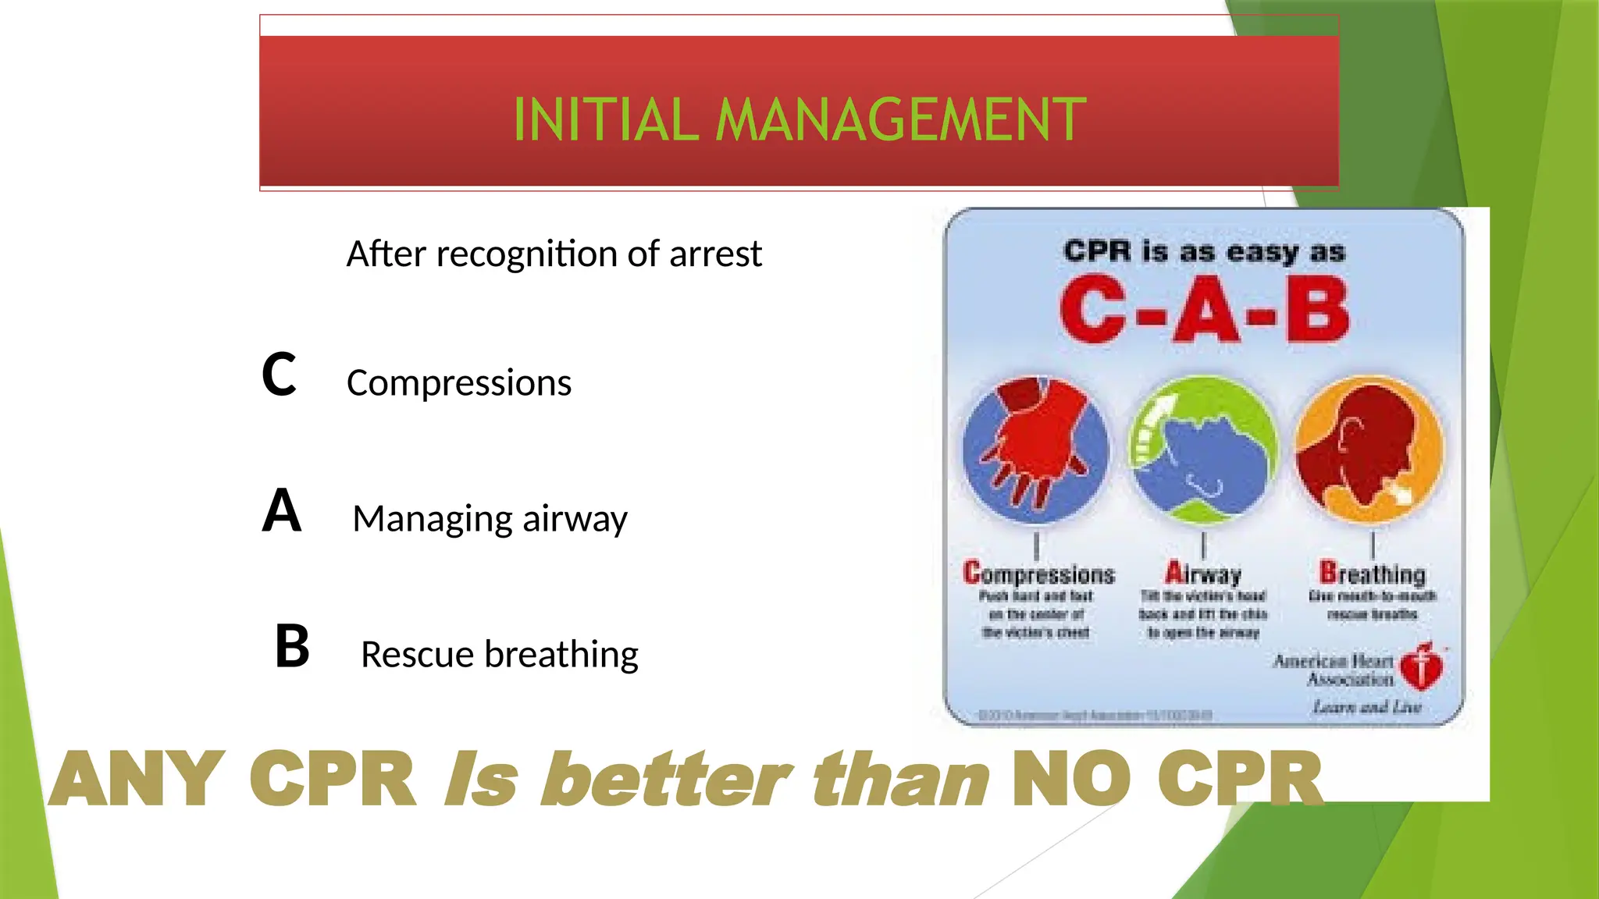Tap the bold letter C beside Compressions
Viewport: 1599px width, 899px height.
tap(279, 375)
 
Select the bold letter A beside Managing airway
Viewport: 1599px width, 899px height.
tap(281, 510)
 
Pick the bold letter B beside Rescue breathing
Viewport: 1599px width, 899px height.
tap(292, 646)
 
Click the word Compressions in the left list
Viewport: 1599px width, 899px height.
tap(459, 383)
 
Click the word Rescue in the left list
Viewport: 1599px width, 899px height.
tap(417, 654)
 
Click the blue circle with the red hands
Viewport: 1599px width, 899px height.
tap(1035, 449)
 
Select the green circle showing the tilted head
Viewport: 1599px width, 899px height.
tap(1204, 449)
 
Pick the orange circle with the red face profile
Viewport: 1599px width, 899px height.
tap(1371, 449)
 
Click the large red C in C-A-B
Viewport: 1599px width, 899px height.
tap(1093, 310)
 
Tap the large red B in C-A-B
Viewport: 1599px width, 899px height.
tap(1317, 310)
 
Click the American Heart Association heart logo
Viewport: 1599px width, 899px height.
tap(1422, 666)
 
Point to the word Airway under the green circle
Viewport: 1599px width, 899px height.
tap(1203, 574)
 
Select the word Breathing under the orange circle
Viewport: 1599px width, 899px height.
tap(1372, 574)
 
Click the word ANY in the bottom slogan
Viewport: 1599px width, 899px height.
tap(138, 779)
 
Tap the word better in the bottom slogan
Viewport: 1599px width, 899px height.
tap(668, 779)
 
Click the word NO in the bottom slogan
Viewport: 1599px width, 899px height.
tap(1070, 779)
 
